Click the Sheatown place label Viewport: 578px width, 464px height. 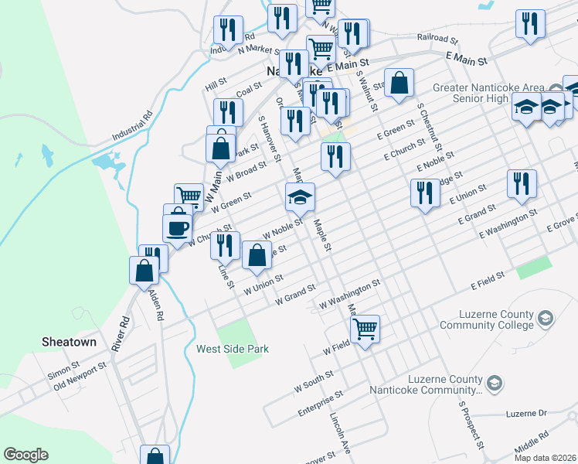tap(69, 342)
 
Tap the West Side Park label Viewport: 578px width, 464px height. tap(233, 349)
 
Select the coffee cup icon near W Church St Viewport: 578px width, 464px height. tap(177, 227)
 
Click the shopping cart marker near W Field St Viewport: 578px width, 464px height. tap(365, 328)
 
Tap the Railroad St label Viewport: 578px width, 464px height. tap(438, 37)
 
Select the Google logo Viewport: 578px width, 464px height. tap(25, 455)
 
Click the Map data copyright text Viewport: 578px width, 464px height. tap(544, 458)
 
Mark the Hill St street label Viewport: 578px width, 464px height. tap(216, 80)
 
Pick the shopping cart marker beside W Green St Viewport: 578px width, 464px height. tap(189, 196)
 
